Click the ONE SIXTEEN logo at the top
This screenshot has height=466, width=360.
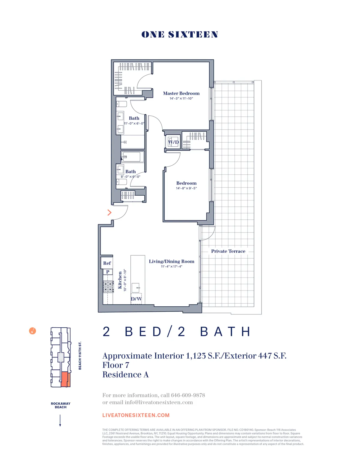(x=180, y=35)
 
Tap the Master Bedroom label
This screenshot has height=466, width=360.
(x=181, y=93)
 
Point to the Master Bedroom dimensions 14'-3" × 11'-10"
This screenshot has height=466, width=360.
(x=181, y=98)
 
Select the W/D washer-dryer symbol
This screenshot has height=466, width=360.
(x=173, y=142)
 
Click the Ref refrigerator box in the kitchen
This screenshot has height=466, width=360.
(x=107, y=263)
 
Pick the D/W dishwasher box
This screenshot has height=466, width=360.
(x=136, y=299)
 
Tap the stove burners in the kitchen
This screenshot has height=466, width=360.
(x=108, y=287)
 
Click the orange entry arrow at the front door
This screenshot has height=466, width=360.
(x=109, y=212)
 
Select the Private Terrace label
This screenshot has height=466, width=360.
(x=228, y=251)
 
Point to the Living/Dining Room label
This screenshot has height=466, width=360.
(x=172, y=261)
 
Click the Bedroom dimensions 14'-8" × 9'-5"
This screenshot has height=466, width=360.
(x=186, y=188)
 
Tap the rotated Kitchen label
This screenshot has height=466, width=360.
(x=120, y=280)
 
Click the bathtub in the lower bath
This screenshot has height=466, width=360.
(x=131, y=157)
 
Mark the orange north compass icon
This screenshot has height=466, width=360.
(x=32, y=331)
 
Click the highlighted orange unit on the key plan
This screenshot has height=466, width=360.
(x=65, y=379)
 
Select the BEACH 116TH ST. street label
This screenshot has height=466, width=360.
(x=80, y=356)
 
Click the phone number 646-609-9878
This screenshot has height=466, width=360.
(x=188, y=395)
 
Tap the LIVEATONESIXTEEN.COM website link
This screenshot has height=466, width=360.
(x=136, y=415)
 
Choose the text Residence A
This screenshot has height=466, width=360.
(x=125, y=374)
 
